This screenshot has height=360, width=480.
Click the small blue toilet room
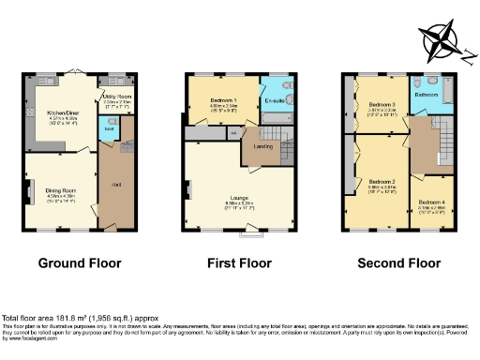(108, 132)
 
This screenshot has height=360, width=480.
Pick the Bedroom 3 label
(379, 104)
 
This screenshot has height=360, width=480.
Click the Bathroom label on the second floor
(427, 95)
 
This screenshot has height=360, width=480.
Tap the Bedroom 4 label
(432, 202)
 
